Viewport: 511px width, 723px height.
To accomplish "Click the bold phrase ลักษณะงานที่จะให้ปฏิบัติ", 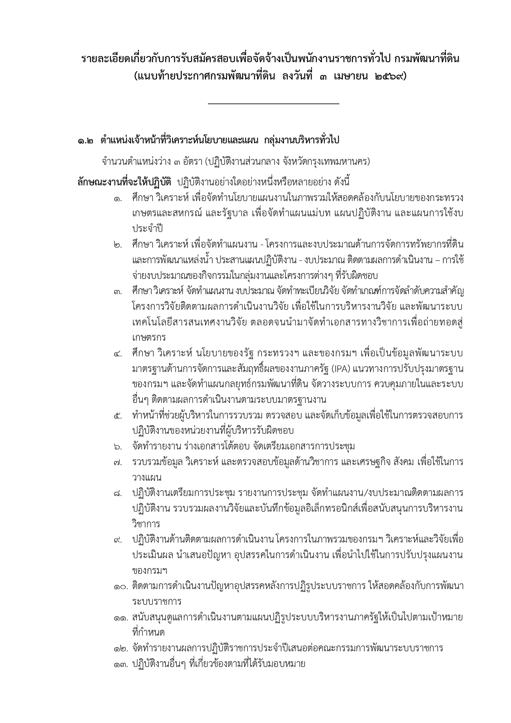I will (124, 181).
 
